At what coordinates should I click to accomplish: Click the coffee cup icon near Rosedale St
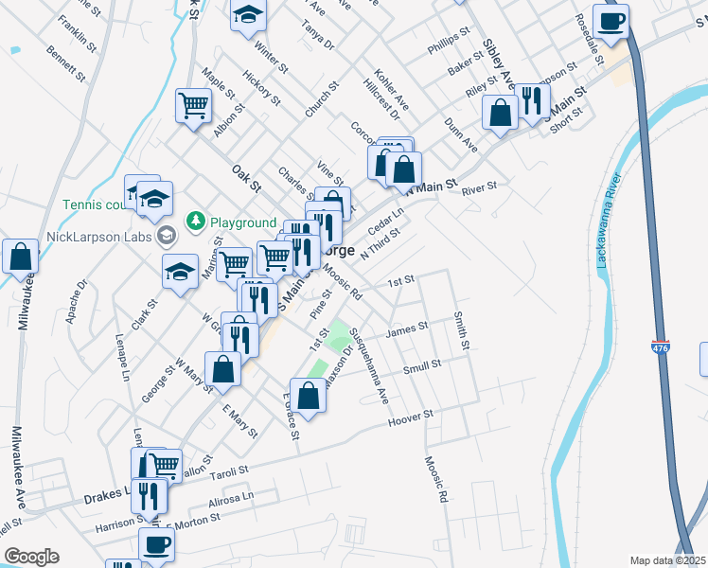pos(611,21)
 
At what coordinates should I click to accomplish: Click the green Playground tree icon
pos(196,222)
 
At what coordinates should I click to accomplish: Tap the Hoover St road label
pos(411,417)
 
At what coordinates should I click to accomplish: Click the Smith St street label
pos(461,330)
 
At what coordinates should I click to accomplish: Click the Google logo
pos(31,557)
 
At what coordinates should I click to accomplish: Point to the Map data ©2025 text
pos(667,560)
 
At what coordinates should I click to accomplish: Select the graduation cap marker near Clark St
pos(180,272)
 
